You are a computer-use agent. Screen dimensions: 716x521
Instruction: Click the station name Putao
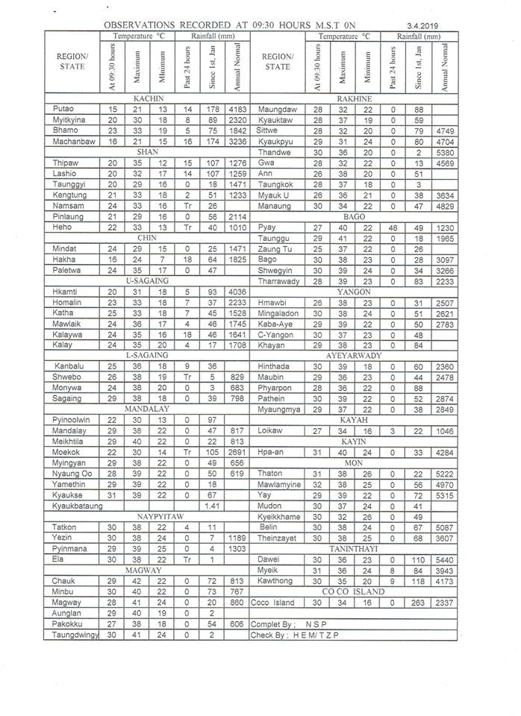(63, 109)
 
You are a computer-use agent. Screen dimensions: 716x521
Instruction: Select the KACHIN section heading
(149, 98)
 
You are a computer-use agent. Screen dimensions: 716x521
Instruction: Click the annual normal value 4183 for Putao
(238, 109)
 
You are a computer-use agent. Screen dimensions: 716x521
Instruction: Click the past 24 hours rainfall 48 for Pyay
(393, 206)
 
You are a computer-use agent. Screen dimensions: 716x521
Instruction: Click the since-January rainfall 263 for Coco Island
(417, 603)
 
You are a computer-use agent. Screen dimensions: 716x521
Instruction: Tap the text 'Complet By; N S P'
(290, 624)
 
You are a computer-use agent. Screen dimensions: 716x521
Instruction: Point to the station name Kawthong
(275, 580)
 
